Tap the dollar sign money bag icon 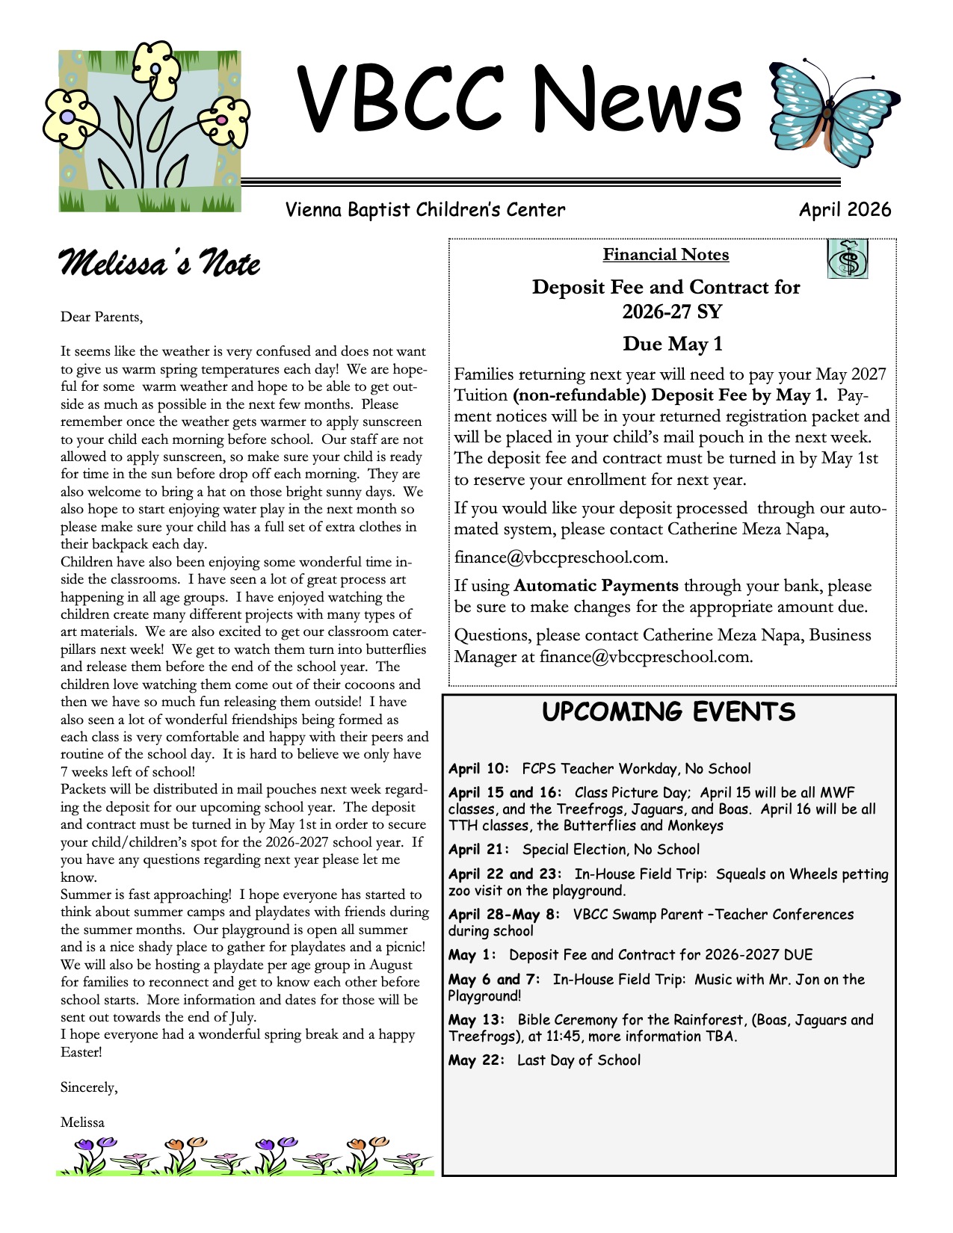pos(848,259)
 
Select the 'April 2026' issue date pos(845,210)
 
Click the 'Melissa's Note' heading pos(159,264)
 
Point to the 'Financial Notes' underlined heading pos(665,255)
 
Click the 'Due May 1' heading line pos(673,344)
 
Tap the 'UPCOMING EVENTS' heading pos(668,711)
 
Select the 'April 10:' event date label pos(478,769)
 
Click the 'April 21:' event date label pos(478,850)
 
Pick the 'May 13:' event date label pos(476,1020)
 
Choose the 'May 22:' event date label pos(476,1060)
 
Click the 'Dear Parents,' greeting pos(101,317)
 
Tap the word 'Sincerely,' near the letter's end pos(89,1087)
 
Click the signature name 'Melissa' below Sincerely pos(82,1122)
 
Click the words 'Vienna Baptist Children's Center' pos(425,210)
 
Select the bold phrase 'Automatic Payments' pos(596,586)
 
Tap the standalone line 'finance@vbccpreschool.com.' pos(561,557)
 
